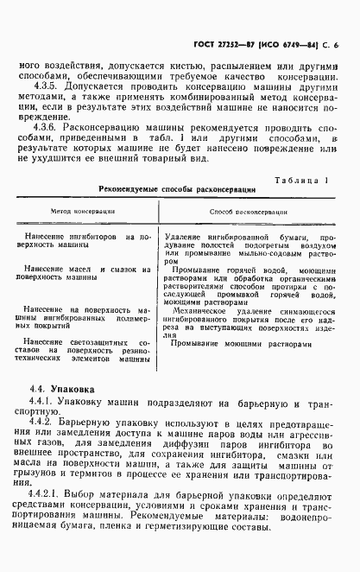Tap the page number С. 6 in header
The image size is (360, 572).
point(331,43)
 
